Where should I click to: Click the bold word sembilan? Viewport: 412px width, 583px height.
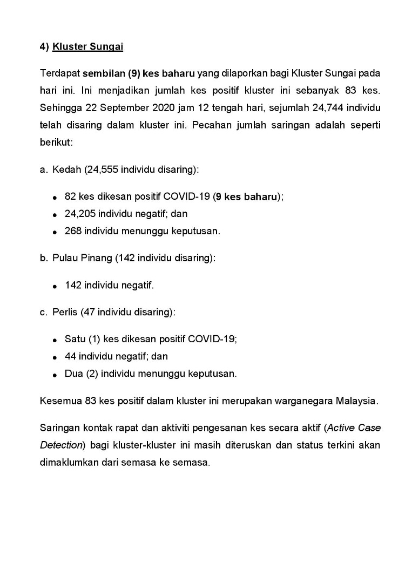click(102, 73)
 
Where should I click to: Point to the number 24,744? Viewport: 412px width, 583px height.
click(325, 107)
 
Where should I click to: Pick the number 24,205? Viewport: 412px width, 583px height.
click(80, 214)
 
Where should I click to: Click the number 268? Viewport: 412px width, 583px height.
click(73, 231)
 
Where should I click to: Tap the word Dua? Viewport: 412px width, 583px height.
click(73, 374)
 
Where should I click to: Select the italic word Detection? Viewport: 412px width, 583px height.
click(60, 445)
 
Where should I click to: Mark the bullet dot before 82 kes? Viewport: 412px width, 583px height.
click(55, 198)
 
